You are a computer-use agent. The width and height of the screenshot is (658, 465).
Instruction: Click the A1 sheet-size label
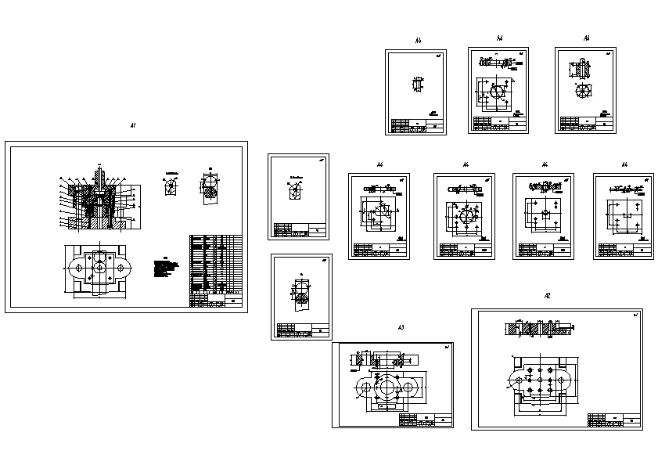[x=133, y=125]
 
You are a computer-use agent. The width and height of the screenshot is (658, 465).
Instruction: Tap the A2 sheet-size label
[x=547, y=295]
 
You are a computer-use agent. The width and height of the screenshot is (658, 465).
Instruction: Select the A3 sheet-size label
[x=401, y=326]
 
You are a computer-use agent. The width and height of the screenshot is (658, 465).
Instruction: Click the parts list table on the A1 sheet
[x=215, y=270]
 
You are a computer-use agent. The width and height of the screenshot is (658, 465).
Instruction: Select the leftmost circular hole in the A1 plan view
[x=80, y=267]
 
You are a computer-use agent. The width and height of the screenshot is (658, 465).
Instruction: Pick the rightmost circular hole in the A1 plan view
[x=121, y=267]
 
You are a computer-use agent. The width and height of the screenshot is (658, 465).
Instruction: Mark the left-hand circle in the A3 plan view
[x=363, y=388]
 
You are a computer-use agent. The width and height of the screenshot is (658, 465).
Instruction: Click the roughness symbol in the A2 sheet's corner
[x=635, y=315]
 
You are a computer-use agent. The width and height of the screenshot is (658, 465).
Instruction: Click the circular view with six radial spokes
[x=583, y=91]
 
